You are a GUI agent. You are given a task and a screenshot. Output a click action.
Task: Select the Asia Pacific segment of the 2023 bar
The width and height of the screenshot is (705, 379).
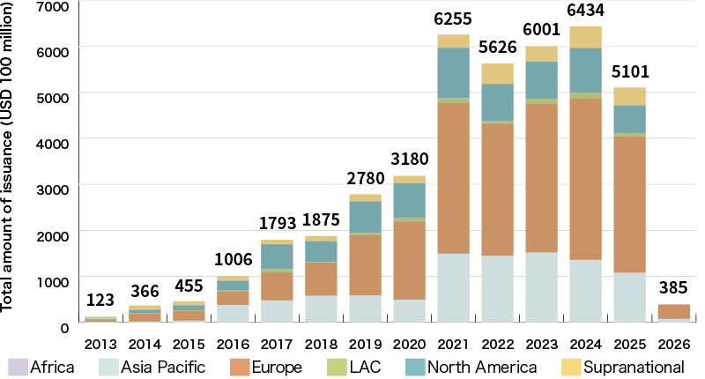541,287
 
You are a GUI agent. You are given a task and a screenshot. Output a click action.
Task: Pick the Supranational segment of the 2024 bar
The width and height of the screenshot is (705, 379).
585,36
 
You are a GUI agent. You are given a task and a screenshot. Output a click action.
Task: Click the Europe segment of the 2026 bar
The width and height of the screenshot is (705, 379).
673,311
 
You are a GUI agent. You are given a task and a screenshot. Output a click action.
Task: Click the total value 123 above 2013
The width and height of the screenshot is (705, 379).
100,301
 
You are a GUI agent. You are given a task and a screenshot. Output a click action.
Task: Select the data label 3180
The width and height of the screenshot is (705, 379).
409,161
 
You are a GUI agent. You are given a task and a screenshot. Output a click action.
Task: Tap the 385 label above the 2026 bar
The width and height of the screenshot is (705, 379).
673,288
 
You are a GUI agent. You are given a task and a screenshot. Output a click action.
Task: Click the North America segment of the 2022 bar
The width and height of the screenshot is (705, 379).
497,102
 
